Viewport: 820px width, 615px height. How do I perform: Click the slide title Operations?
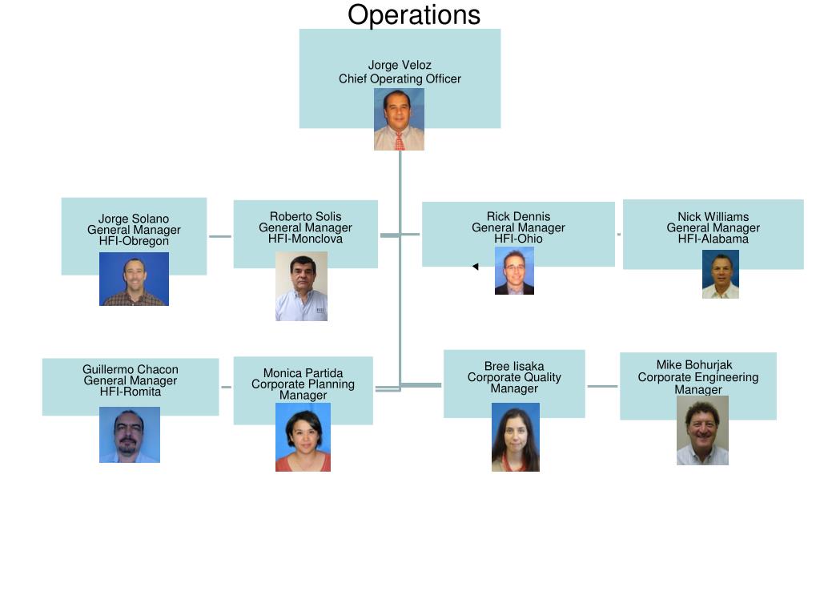coord(413,15)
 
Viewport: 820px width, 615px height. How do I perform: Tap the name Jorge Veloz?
coord(400,66)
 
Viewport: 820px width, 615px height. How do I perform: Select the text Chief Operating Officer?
coord(400,78)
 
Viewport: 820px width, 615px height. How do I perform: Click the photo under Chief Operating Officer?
coord(399,119)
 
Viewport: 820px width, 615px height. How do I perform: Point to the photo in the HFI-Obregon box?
coord(134,279)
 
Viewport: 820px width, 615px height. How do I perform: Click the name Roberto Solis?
coord(305,216)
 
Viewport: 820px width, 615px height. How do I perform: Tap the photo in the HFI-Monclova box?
coord(301,286)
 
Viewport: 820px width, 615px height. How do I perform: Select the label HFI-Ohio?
coord(518,239)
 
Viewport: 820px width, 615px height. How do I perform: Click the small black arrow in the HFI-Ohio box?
coord(475,267)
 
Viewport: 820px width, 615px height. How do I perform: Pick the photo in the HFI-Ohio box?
coord(514,271)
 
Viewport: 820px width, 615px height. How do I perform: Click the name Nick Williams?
coord(713,216)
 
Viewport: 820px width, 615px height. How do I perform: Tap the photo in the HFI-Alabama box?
coord(720,274)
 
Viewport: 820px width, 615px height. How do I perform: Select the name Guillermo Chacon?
coord(130,369)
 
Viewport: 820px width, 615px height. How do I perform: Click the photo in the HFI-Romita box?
coord(130,435)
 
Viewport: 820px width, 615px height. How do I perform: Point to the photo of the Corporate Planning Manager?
coord(303,436)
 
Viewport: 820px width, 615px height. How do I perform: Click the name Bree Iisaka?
coord(514,366)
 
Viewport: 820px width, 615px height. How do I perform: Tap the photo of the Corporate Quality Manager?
coord(515,436)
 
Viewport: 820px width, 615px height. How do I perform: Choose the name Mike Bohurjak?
coord(694,364)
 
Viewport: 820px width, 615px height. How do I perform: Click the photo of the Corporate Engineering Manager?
coord(702,430)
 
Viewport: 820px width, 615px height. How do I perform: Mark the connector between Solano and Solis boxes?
coord(220,236)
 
